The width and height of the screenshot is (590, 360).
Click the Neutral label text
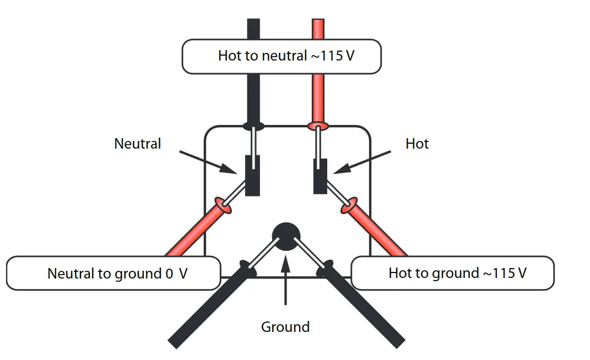pyautogui.click(x=138, y=144)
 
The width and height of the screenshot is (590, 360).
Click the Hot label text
pyautogui.click(x=417, y=144)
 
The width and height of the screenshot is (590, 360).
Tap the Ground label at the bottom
pyautogui.click(x=285, y=327)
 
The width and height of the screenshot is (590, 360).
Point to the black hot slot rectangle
pyautogui.click(x=320, y=176)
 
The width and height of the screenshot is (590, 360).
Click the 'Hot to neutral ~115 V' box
pyautogui.click(x=282, y=56)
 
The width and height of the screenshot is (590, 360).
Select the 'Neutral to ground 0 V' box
pyautogui.click(x=113, y=273)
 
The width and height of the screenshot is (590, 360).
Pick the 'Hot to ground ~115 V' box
pyautogui.click(x=452, y=273)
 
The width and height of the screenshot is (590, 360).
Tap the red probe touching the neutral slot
pyautogui.click(x=193, y=231)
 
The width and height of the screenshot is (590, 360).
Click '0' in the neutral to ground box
pyautogui.click(x=169, y=274)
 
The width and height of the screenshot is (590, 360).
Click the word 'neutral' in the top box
pyautogui.click(x=284, y=56)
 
